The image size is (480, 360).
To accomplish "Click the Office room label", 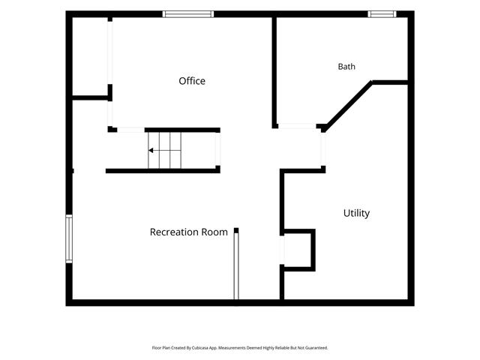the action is pos(192,81).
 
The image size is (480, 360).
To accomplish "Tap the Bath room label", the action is pos(346,67).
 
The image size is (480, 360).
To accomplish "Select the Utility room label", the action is pos(356,213).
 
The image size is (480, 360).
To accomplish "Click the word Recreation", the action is pos(175,232).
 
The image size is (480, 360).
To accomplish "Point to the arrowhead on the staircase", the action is pos(151,150).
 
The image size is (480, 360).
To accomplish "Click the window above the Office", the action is pos(188,14).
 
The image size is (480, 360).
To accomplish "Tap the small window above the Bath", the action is pos(382,14).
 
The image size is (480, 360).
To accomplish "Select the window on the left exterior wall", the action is pos(69,238).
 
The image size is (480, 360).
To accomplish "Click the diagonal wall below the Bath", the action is pos(348,106).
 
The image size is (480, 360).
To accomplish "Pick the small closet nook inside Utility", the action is pos(298,250).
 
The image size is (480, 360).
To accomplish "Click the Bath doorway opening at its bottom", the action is pos(297,126).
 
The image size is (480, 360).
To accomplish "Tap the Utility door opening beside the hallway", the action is pos(323,149).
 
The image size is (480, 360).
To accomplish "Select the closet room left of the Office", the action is pos(90,56).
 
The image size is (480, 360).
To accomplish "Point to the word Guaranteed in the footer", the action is pos(318,348).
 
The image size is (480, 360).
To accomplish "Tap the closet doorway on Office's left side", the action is pos(110,52).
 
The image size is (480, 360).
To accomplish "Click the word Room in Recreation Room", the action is pos(215,232).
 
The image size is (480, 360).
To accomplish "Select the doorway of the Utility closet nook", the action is pos(282,250).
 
